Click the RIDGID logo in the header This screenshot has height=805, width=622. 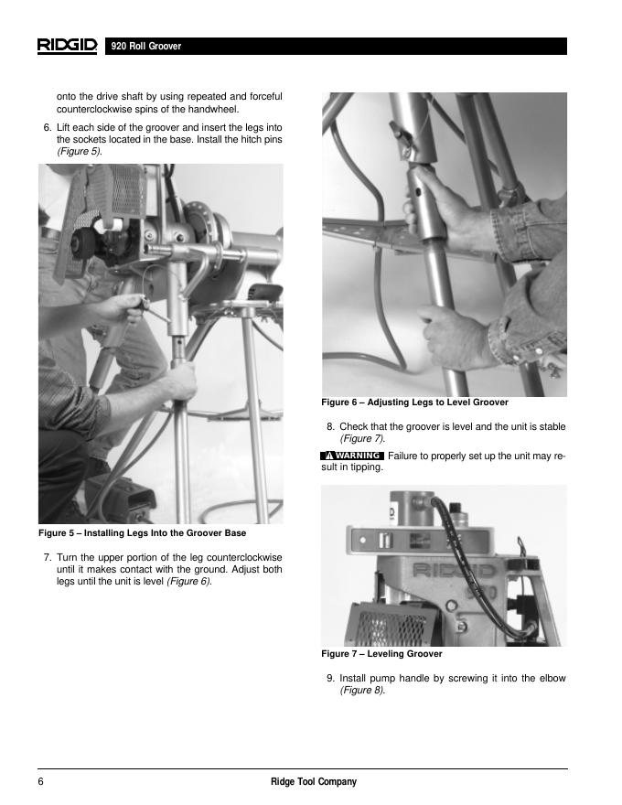click(x=67, y=46)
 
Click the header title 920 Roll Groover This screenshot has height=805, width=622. click(x=145, y=47)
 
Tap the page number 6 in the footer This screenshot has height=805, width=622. click(x=41, y=781)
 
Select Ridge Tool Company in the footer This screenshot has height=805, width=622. click(x=314, y=781)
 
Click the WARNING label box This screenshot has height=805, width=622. click(x=351, y=456)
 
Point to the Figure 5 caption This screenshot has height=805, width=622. click(x=142, y=532)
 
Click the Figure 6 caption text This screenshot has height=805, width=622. click(x=414, y=402)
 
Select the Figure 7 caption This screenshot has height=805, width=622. click(x=381, y=654)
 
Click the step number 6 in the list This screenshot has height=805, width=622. click(x=47, y=126)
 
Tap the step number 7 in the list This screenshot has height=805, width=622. click(x=47, y=557)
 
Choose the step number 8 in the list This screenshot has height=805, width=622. click(x=330, y=427)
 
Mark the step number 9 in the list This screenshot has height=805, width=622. click(x=330, y=679)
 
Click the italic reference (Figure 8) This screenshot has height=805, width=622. click(x=362, y=691)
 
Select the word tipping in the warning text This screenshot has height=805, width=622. click(x=364, y=467)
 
